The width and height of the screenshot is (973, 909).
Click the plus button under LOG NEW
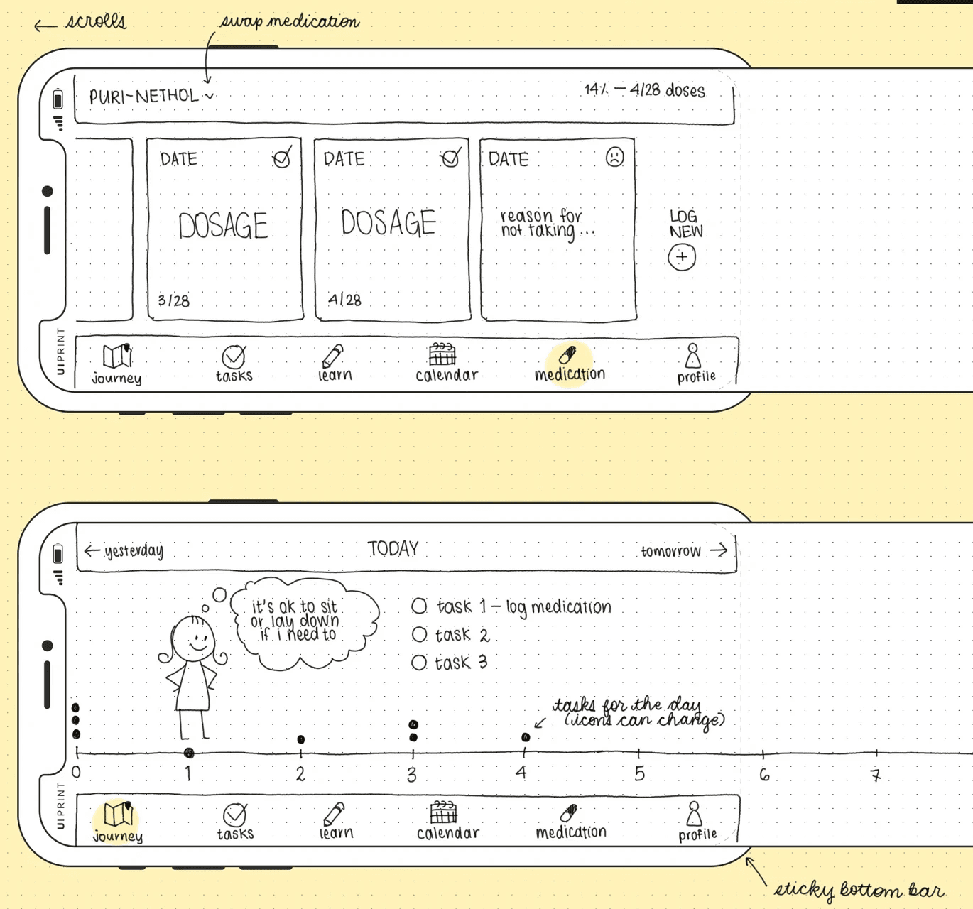682,257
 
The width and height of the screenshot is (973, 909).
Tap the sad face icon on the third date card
615,157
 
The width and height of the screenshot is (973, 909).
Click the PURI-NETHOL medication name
144,96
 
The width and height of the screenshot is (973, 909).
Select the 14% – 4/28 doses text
645,90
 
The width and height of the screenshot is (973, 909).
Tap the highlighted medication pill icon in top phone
567,354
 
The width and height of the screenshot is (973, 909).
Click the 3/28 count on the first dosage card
174,300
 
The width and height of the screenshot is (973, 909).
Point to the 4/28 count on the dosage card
344,300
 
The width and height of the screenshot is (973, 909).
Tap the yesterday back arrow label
124,550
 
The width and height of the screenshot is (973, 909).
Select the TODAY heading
393,548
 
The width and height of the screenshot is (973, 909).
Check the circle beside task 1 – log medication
419,606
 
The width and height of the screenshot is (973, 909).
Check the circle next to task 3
419,663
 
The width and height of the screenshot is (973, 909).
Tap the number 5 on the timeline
639,773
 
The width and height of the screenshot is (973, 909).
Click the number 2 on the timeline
300,774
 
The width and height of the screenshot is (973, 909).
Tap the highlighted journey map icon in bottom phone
118,814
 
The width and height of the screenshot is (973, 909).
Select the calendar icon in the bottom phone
444,812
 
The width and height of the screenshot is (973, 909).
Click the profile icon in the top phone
693,355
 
